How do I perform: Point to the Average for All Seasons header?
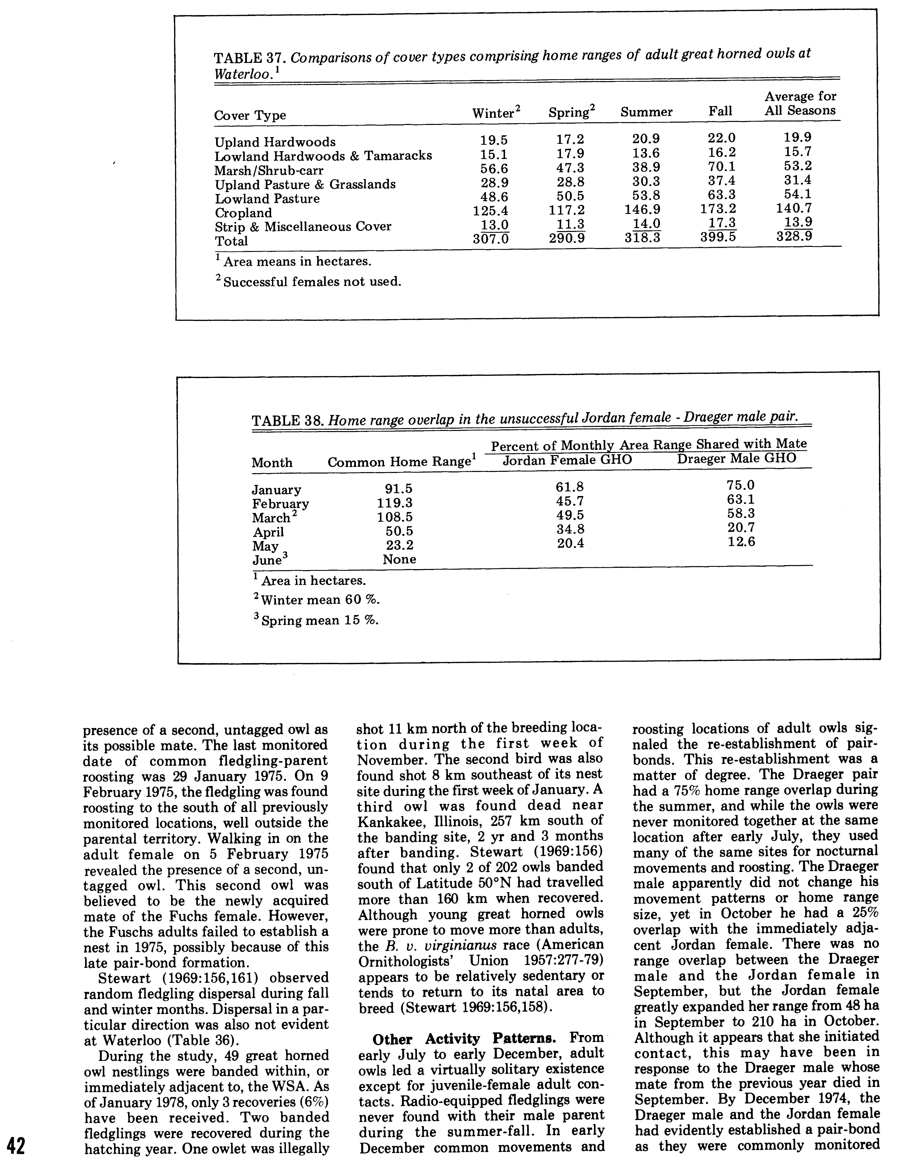coord(800,104)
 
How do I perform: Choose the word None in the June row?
coord(399,559)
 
